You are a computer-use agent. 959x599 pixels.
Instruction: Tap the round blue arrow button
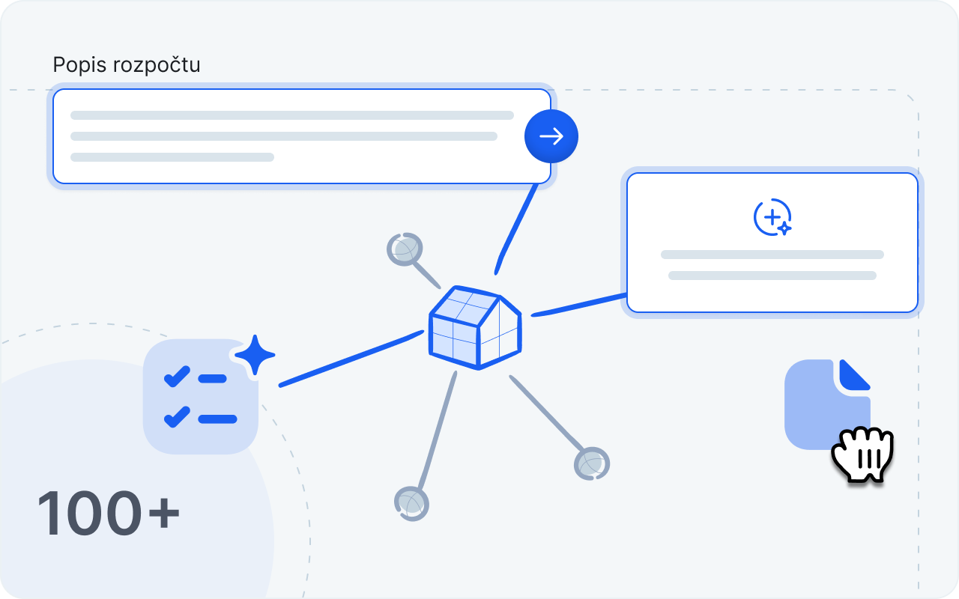(551, 136)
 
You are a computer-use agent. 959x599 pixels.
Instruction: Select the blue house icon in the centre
(475, 328)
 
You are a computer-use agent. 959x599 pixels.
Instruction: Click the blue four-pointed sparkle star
(255, 354)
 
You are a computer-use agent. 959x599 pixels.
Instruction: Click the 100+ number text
(109, 515)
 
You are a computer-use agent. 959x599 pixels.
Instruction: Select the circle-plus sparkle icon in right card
(772, 217)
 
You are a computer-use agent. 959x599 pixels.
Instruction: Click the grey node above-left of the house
(405, 249)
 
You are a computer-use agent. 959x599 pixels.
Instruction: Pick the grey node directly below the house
(411, 503)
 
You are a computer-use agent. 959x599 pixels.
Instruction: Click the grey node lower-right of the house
(592, 464)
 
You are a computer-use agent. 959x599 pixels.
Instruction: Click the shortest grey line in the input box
(172, 157)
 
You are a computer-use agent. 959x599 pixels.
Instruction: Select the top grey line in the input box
(292, 115)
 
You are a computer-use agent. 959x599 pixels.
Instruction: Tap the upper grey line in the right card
(772, 255)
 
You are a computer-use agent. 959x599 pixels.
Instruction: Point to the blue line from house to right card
(578, 305)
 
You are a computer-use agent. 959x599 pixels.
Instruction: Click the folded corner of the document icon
(853, 374)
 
